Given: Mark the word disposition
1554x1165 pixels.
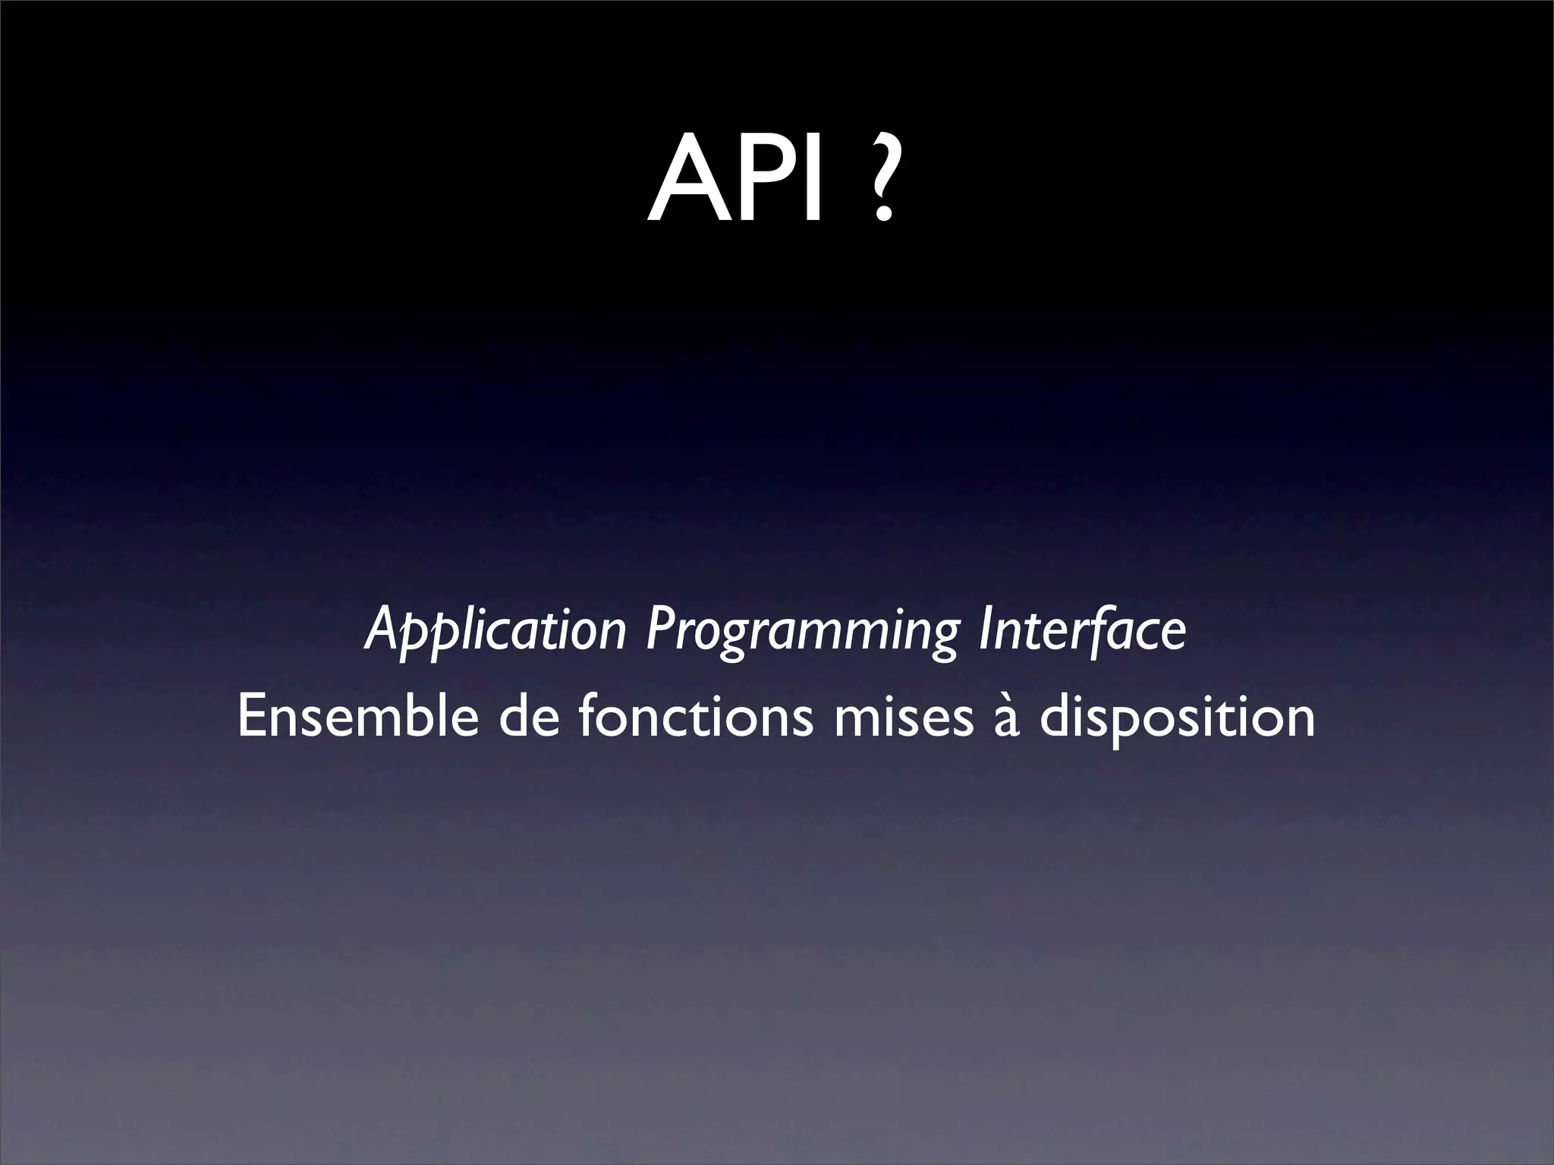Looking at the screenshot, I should (1177, 719).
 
